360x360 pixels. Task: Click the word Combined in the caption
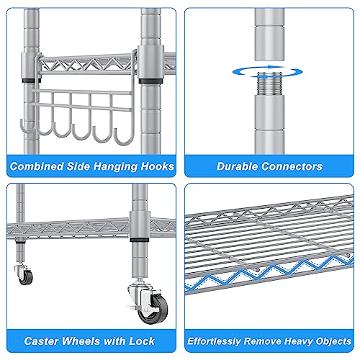coord(37,166)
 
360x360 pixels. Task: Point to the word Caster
coord(41,341)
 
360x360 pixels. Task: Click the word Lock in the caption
coord(142,341)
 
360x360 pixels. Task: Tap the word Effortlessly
coord(214,341)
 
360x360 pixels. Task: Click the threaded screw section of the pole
coord(269,84)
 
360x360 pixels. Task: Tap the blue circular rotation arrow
coord(268,71)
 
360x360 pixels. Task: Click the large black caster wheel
coord(153,310)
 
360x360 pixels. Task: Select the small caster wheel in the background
coord(26,277)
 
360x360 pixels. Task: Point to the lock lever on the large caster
coord(131,307)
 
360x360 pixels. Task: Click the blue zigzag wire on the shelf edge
coord(269,273)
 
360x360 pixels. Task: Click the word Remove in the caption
coord(263,341)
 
